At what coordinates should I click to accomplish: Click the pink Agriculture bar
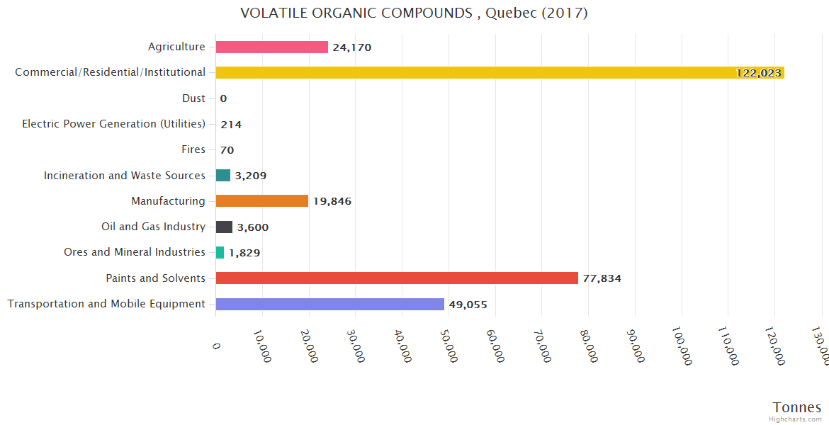(271, 47)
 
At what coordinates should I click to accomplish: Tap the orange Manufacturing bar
(261, 201)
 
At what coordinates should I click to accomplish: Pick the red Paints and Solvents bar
(397, 278)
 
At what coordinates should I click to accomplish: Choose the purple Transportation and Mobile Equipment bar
(329, 304)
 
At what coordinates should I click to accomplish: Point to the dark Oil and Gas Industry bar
(224, 227)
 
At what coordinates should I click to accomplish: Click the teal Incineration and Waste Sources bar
(223, 175)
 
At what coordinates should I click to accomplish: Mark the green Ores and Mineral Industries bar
(220, 252)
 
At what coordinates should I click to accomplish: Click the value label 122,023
(758, 73)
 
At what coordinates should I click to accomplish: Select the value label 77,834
(602, 278)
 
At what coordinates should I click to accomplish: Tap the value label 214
(231, 125)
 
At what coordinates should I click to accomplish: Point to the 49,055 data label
(468, 305)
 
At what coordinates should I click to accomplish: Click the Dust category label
(193, 98)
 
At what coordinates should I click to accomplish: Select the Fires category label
(193, 149)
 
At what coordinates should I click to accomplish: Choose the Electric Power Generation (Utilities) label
(113, 124)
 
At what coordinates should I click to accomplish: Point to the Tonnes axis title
(797, 407)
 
